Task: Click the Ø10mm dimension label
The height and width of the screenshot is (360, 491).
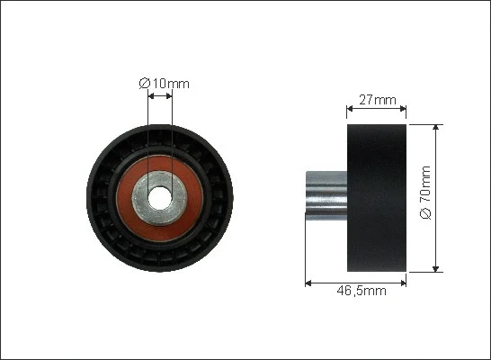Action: pyautogui.click(x=165, y=84)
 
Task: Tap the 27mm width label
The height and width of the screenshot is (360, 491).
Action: pyautogui.click(x=377, y=101)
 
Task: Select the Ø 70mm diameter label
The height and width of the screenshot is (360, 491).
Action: pyautogui.click(x=426, y=198)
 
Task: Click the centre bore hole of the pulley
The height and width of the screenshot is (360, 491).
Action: pyautogui.click(x=160, y=194)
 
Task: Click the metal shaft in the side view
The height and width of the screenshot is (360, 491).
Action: pyautogui.click(x=326, y=194)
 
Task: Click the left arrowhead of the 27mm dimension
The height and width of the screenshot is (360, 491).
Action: pyautogui.click(x=351, y=112)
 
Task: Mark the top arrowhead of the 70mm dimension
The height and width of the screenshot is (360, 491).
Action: pyautogui.click(x=437, y=129)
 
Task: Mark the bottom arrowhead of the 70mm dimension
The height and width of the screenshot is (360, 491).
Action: pyautogui.click(x=437, y=267)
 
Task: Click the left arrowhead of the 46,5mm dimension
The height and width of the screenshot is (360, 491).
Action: pyautogui.click(x=309, y=282)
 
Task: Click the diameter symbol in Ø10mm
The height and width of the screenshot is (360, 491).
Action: pyautogui.click(x=144, y=84)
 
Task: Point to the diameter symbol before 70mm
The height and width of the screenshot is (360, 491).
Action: pyautogui.click(x=426, y=215)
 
